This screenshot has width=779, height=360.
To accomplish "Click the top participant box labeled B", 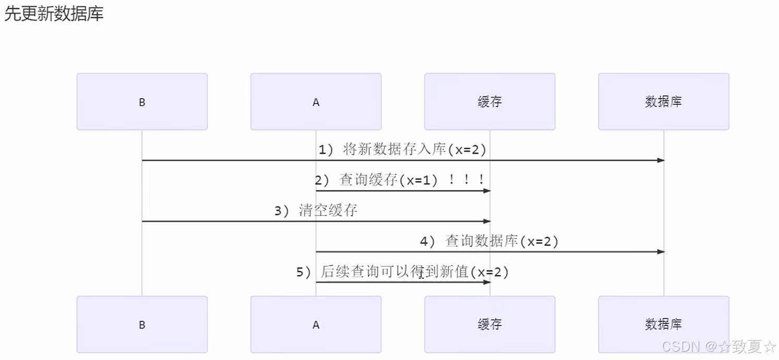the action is click(x=142, y=102).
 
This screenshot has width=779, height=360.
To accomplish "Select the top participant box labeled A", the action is click(x=315, y=102).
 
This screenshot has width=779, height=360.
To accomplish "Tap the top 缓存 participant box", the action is click(x=490, y=102).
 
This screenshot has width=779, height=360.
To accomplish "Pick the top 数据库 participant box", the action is click(x=663, y=102).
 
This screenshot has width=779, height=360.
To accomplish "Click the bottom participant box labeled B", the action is click(x=142, y=325).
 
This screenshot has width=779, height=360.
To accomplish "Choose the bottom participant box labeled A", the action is click(x=315, y=325).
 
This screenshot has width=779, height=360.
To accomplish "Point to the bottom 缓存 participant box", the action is click(x=490, y=325).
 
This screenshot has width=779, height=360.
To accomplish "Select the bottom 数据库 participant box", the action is click(x=663, y=325).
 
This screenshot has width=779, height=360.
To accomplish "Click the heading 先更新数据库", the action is click(x=54, y=14).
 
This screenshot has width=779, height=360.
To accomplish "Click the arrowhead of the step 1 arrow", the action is click(x=661, y=160).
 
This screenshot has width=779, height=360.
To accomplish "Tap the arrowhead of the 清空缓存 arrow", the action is click(x=487, y=221).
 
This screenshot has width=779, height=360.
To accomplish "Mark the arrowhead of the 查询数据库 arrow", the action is click(x=661, y=251).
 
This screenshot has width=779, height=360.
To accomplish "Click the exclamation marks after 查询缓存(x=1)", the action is click(x=466, y=180).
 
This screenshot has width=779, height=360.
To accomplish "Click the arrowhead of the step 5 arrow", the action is click(x=487, y=282).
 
